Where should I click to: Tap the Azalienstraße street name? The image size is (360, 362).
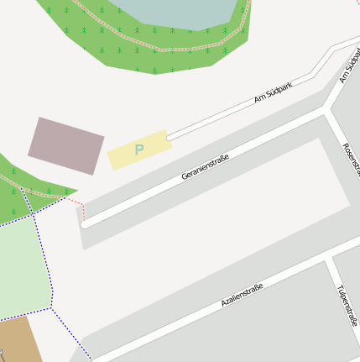(242, 295)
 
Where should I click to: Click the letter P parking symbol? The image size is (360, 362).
(139, 150)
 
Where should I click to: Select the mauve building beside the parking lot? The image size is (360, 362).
(65, 146)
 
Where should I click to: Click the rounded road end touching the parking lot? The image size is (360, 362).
(170, 136)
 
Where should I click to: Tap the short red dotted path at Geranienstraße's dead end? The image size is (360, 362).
(76, 202)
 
